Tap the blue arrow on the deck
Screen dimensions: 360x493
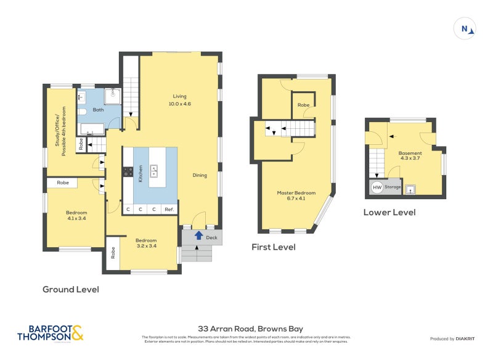click(x=198, y=235)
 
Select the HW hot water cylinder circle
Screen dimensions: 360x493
click(x=376, y=187)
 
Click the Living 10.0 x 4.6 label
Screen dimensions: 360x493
click(x=179, y=100)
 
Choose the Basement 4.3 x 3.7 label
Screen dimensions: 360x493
click(x=410, y=156)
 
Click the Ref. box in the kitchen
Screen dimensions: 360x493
click(x=169, y=210)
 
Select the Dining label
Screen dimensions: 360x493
click(x=198, y=174)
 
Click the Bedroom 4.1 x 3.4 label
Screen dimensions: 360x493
click(x=76, y=215)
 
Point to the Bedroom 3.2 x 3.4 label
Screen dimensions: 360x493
click(x=146, y=243)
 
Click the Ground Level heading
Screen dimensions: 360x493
click(x=70, y=289)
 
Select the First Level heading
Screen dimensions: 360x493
click(x=273, y=247)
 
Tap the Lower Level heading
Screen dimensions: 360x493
click(x=389, y=212)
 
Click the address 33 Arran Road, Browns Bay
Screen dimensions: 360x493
click(x=250, y=329)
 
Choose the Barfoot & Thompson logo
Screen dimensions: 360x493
click(x=50, y=333)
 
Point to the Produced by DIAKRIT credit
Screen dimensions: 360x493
click(x=451, y=339)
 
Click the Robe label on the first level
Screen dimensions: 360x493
click(x=303, y=105)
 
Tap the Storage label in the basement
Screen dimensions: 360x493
click(x=393, y=187)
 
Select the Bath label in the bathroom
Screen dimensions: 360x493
click(x=98, y=110)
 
